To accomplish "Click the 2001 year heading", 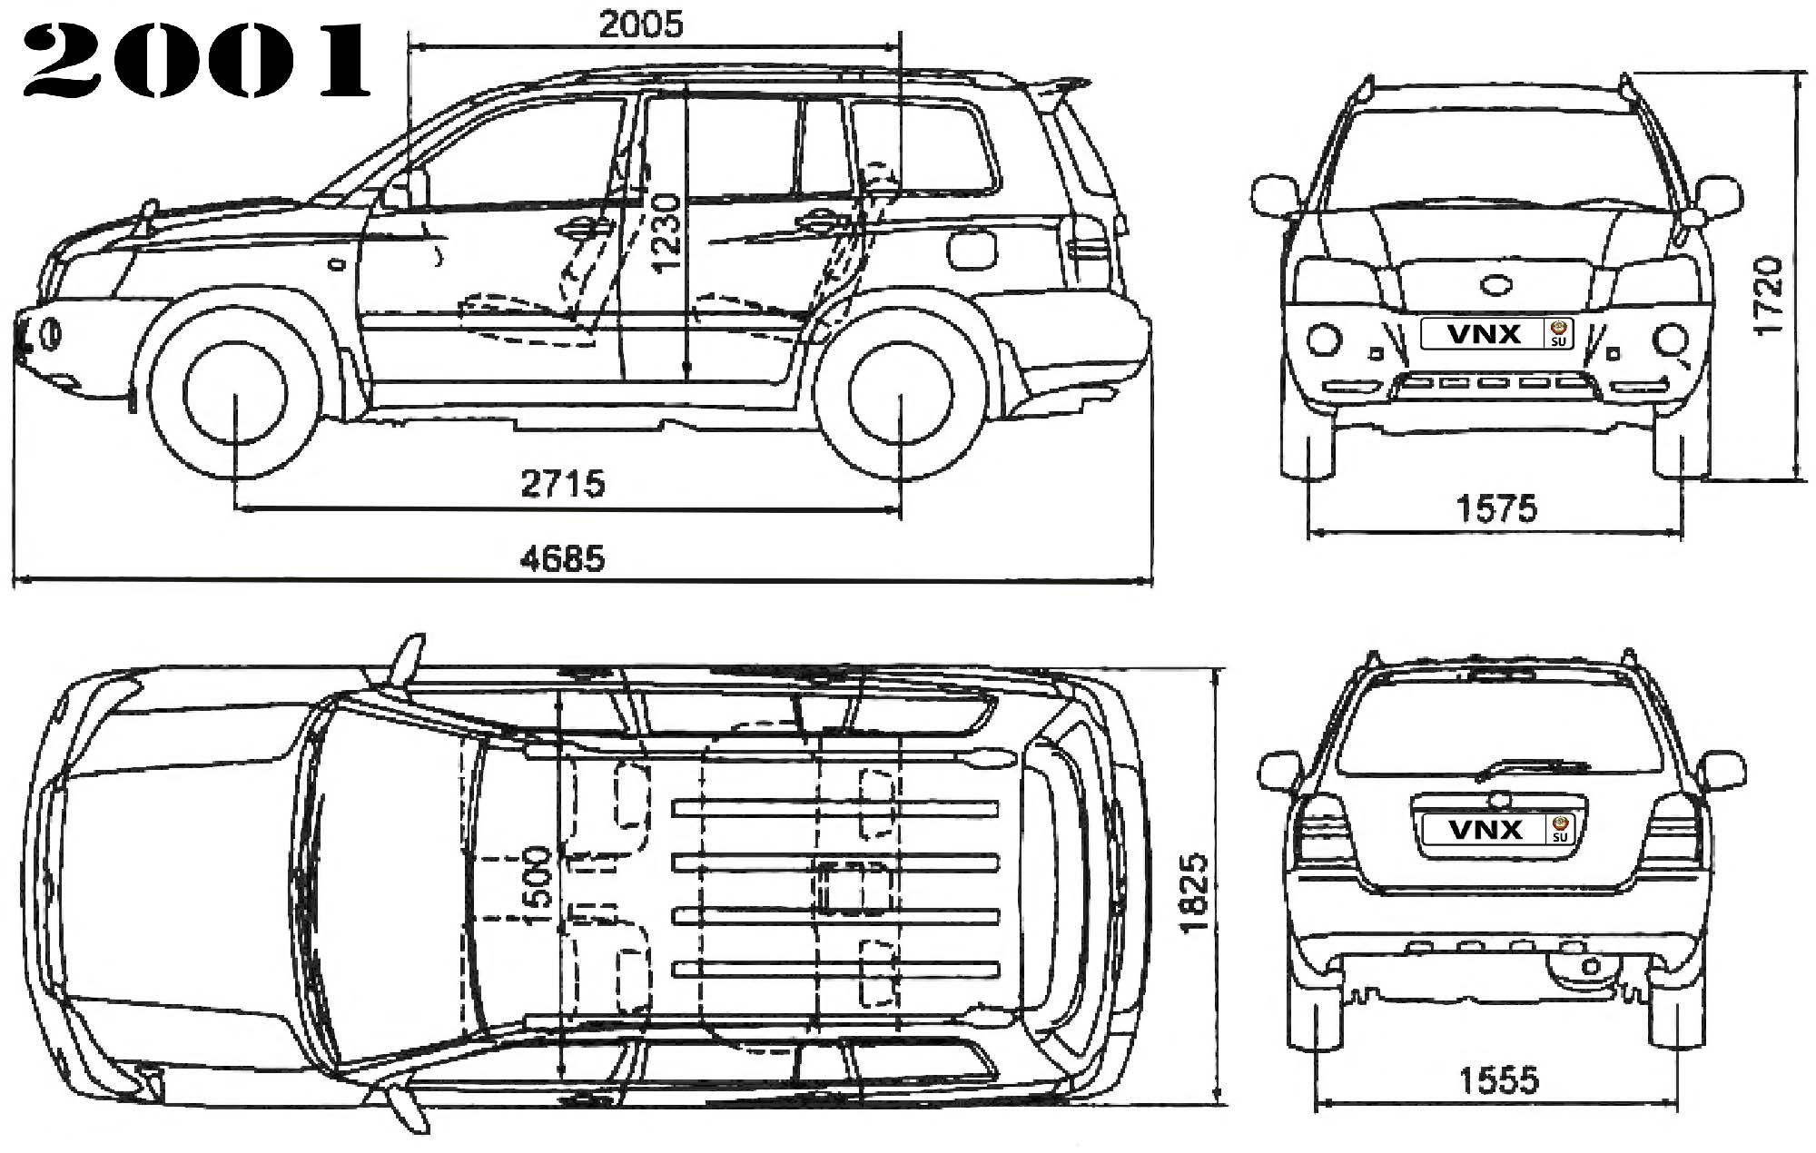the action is [x=196, y=62].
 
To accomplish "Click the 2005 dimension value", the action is [x=640, y=25].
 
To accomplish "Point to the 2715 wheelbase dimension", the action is [x=563, y=483].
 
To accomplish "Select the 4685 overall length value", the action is [x=563, y=558].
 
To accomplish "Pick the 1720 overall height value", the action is [x=1768, y=296].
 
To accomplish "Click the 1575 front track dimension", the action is [x=1497, y=508].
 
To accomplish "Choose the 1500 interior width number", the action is [x=538, y=886].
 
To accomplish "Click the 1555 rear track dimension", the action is [x=1499, y=1080].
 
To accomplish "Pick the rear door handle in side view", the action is [x=818, y=220].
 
